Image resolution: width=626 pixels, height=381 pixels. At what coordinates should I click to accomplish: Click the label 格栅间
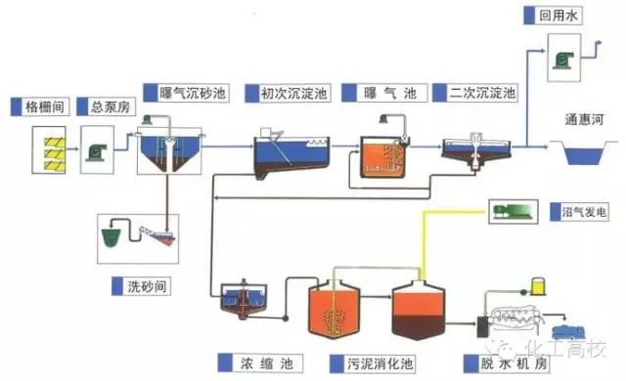[x=44, y=105]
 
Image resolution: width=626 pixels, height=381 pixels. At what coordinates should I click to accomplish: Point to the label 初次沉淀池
[x=293, y=93]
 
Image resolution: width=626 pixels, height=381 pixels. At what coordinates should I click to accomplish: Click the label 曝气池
[x=391, y=93]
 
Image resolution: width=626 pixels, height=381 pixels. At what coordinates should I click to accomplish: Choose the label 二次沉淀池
[x=483, y=93]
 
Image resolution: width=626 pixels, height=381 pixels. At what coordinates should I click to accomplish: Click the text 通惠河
[x=584, y=121]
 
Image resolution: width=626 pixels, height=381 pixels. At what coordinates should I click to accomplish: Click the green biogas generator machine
[x=512, y=210]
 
